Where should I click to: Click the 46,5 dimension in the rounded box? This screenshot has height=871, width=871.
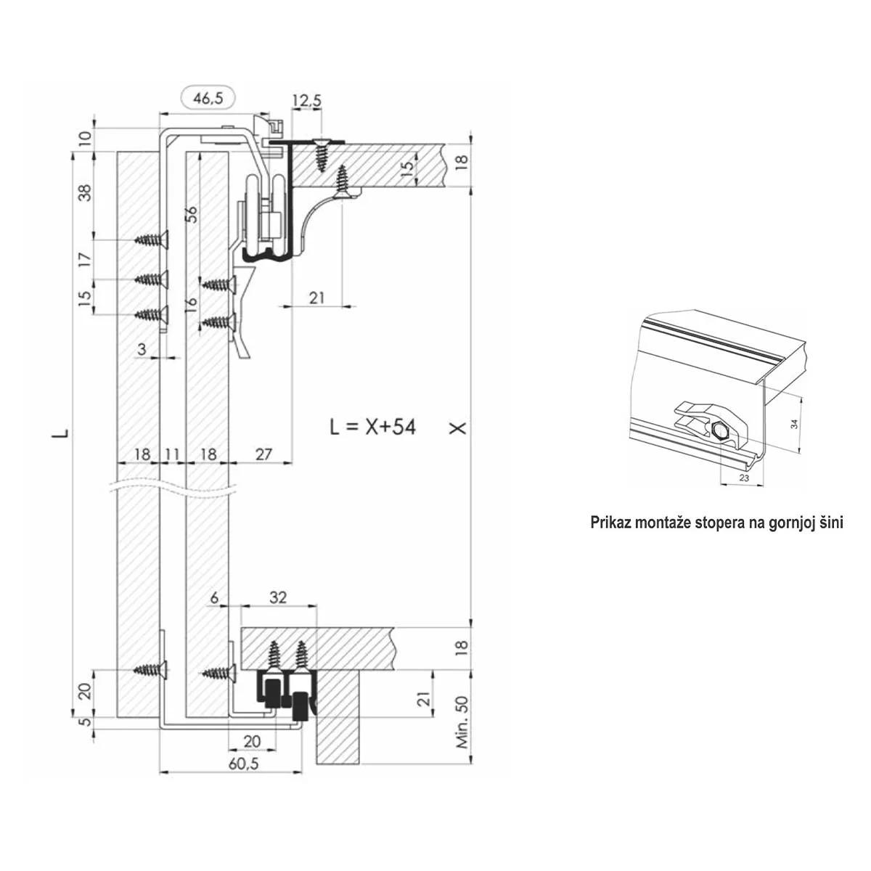(x=208, y=99)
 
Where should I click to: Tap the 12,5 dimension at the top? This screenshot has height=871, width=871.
(x=307, y=101)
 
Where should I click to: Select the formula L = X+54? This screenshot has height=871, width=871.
(x=373, y=427)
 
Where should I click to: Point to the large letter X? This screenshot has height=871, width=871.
(x=457, y=428)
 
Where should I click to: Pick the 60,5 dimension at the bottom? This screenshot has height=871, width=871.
(x=244, y=764)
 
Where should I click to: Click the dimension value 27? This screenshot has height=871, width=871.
(x=263, y=454)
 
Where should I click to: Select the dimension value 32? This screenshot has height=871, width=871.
(x=278, y=597)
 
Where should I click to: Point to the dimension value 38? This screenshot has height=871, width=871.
(x=85, y=193)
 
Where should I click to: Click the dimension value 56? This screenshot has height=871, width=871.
(x=192, y=214)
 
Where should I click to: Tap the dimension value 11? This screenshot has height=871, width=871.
(x=172, y=454)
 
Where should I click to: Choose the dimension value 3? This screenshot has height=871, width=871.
(x=142, y=349)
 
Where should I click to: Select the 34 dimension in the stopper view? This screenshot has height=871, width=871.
(x=795, y=424)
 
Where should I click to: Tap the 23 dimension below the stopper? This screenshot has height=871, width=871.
(x=743, y=478)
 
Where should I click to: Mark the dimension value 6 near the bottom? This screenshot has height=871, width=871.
(x=214, y=597)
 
